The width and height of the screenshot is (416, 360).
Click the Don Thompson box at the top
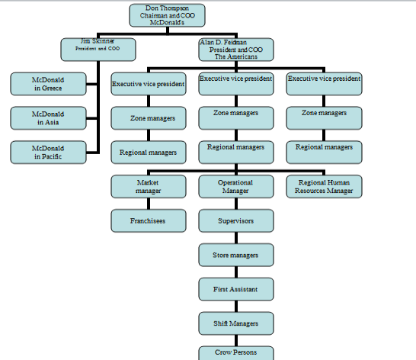pos(167,15)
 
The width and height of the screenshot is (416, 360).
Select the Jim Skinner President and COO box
pos(98,50)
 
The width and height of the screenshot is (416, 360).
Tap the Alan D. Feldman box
pos(236,50)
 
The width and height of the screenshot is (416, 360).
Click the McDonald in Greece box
pos(48,84)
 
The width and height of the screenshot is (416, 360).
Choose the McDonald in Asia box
pos(48,118)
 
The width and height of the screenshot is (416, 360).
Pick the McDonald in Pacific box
pos(48,153)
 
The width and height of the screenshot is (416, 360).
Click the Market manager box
pos(149,187)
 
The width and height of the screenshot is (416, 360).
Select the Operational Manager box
pos(236,187)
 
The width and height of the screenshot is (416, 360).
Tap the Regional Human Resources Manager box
pos(324,187)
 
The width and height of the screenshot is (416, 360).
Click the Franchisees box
pos(149,220)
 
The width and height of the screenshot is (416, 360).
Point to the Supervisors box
pos(236,220)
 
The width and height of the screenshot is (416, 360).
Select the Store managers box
pos(236,255)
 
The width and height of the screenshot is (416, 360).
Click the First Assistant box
pos(236,289)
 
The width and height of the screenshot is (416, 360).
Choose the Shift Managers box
pos(236,323)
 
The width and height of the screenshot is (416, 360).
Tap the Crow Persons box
pos(236,353)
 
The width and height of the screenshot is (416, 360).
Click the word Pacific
pos(52,156)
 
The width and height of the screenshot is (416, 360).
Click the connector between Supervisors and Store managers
pos(236,238)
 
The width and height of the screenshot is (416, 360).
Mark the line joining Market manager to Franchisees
pos(149,204)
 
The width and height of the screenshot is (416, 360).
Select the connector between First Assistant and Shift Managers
pos(236,307)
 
